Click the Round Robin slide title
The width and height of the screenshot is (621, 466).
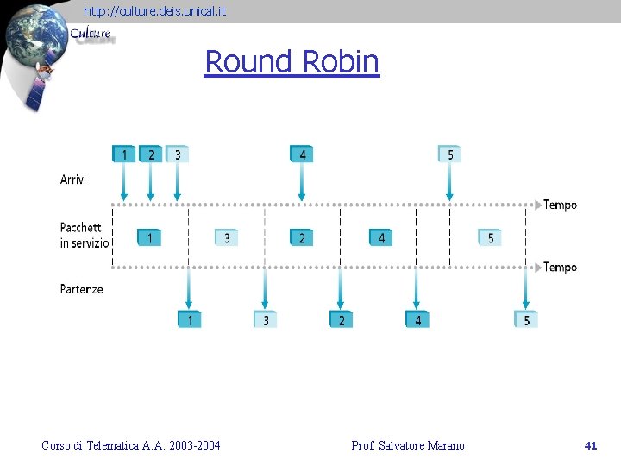click(x=292, y=61)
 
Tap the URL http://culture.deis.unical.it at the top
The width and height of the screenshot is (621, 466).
click(x=155, y=10)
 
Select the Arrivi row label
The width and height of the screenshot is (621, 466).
click(x=73, y=179)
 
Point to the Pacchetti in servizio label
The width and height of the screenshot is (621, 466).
click(x=85, y=236)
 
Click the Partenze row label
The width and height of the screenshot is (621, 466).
click(x=82, y=289)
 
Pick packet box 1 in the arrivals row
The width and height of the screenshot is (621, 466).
click(x=123, y=154)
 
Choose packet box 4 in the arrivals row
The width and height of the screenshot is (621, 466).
click(x=301, y=154)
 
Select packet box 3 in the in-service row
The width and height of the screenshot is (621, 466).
click(x=226, y=237)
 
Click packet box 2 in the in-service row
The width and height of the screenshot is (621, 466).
click(x=301, y=237)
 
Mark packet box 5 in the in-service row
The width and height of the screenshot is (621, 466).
click(x=490, y=237)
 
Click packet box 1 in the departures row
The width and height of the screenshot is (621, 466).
click(x=189, y=320)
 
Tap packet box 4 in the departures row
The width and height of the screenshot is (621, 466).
click(x=417, y=320)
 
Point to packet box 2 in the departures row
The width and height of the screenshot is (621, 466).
click(x=341, y=320)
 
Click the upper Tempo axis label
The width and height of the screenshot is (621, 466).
click(x=560, y=205)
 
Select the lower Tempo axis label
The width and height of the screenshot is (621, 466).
click(x=560, y=267)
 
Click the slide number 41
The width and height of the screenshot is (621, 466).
click(x=591, y=445)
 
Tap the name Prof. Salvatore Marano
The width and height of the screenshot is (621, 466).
click(x=408, y=445)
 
